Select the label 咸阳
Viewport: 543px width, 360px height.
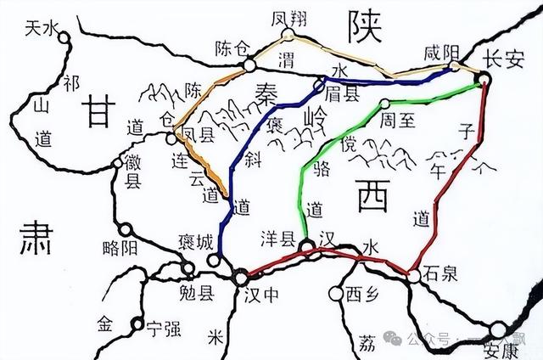coord(440,53)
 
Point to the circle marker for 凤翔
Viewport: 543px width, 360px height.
coord(288,35)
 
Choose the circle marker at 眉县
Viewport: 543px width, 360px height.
coord(320,83)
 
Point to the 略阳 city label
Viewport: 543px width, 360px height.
coord(118,248)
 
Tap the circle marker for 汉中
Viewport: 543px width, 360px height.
coord(241,277)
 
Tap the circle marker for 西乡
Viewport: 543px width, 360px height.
coord(333,294)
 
